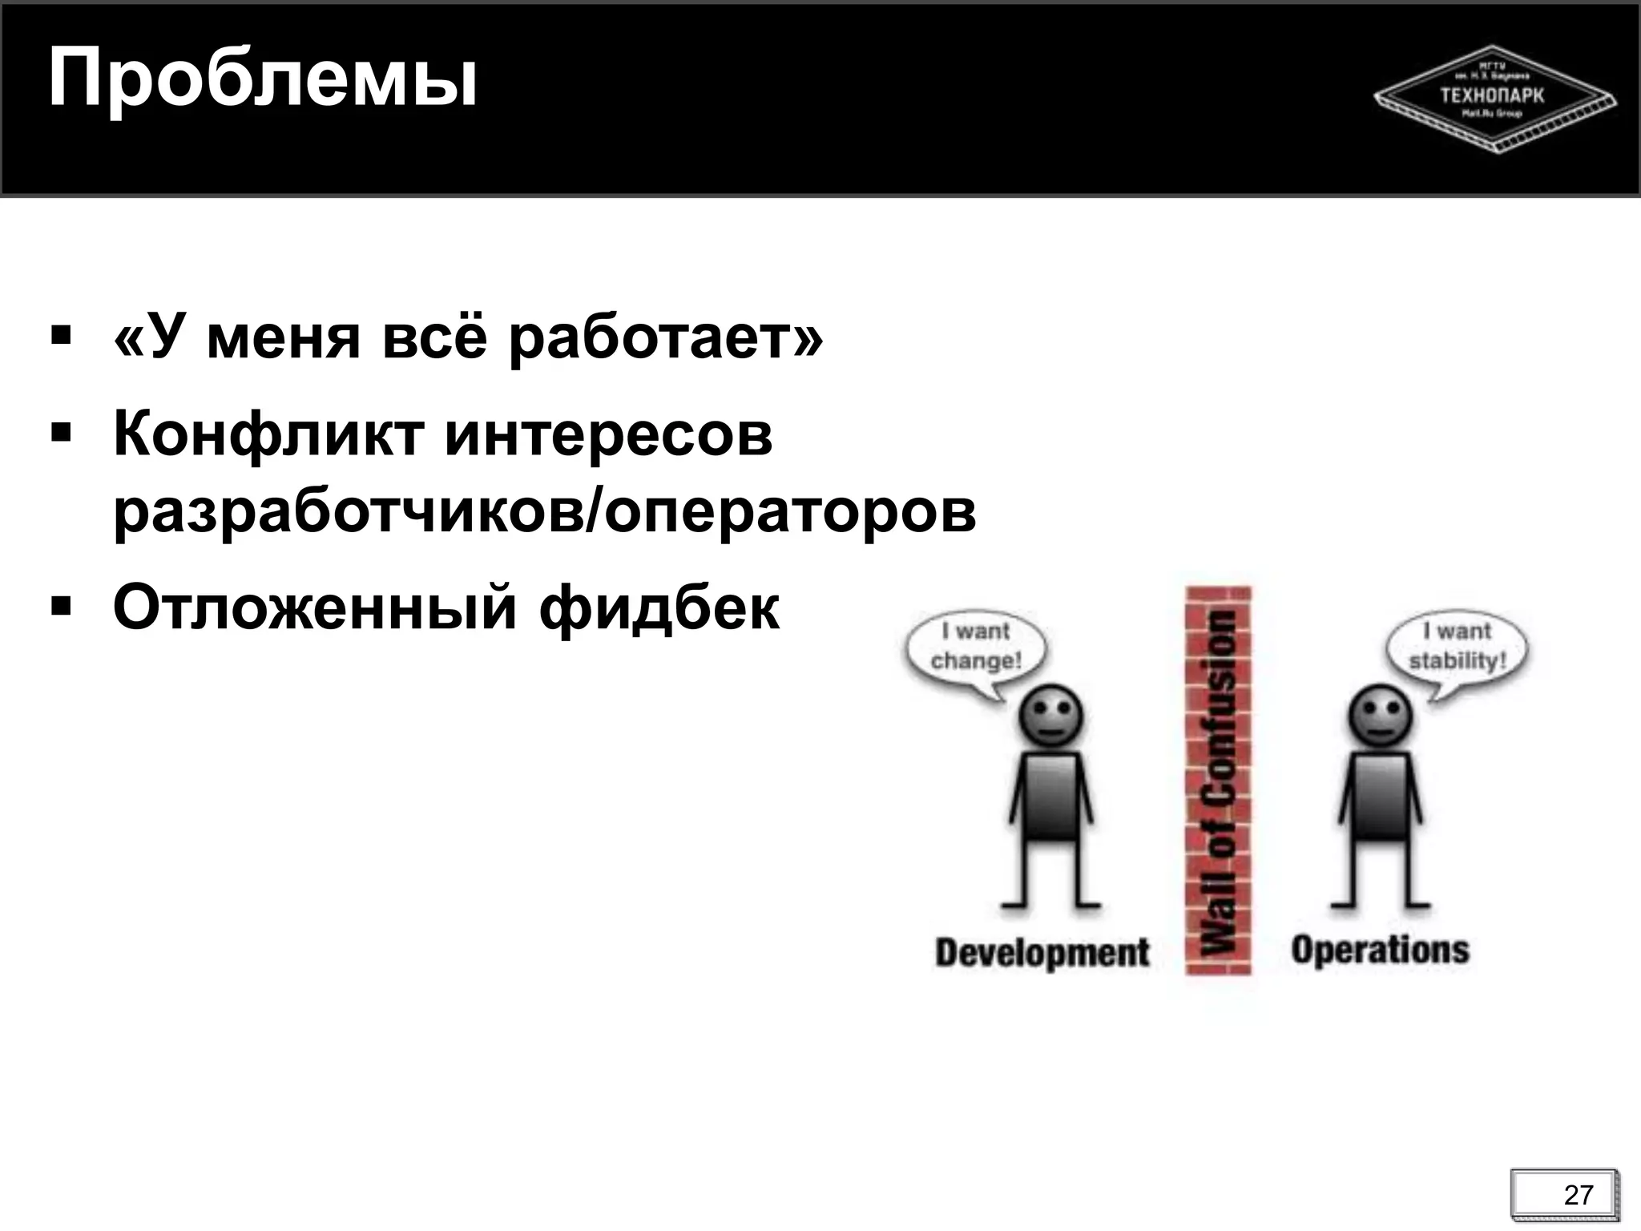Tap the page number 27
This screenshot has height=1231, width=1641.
(1578, 1195)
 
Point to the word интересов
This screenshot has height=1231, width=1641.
(608, 435)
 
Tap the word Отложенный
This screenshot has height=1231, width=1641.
(314, 607)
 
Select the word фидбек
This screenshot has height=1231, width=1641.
(659, 607)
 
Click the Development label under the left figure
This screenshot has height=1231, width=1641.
(1042, 953)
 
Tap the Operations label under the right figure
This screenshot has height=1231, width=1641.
(1380, 950)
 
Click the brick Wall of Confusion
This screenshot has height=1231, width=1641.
(1218, 781)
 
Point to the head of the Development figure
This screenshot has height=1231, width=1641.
(1050, 715)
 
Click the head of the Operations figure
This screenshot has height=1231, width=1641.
(1380, 715)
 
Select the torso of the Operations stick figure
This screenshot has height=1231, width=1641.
(1380, 797)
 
